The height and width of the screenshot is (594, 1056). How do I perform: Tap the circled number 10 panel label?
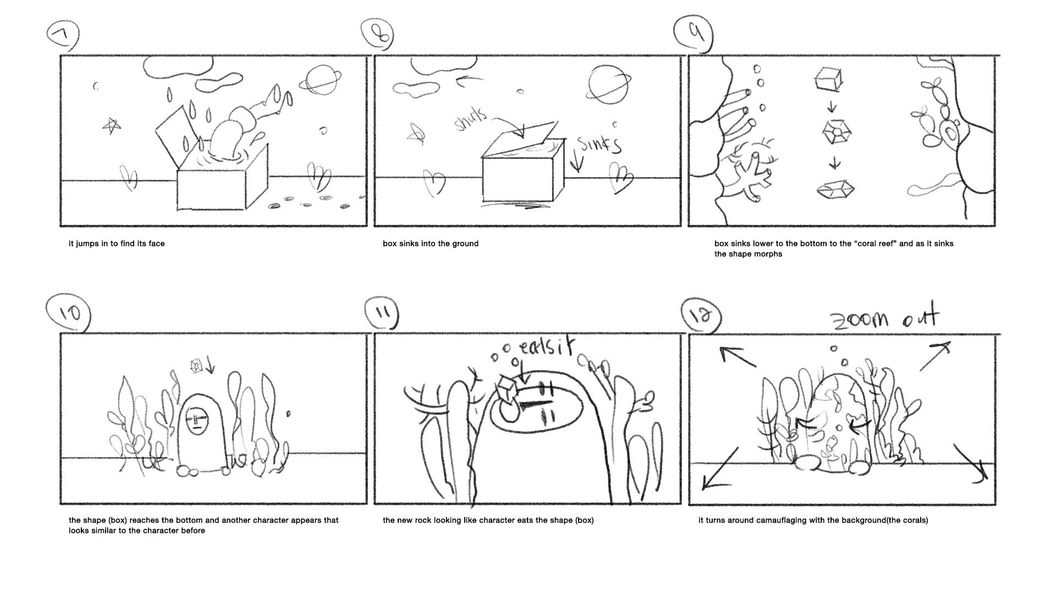pos(69,313)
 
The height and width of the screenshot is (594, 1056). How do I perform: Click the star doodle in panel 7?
pos(112,126)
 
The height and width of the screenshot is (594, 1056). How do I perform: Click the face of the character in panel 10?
pos(196,422)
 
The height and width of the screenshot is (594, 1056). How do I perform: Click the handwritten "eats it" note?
pos(546,348)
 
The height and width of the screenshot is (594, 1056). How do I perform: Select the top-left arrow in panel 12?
pos(738,356)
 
